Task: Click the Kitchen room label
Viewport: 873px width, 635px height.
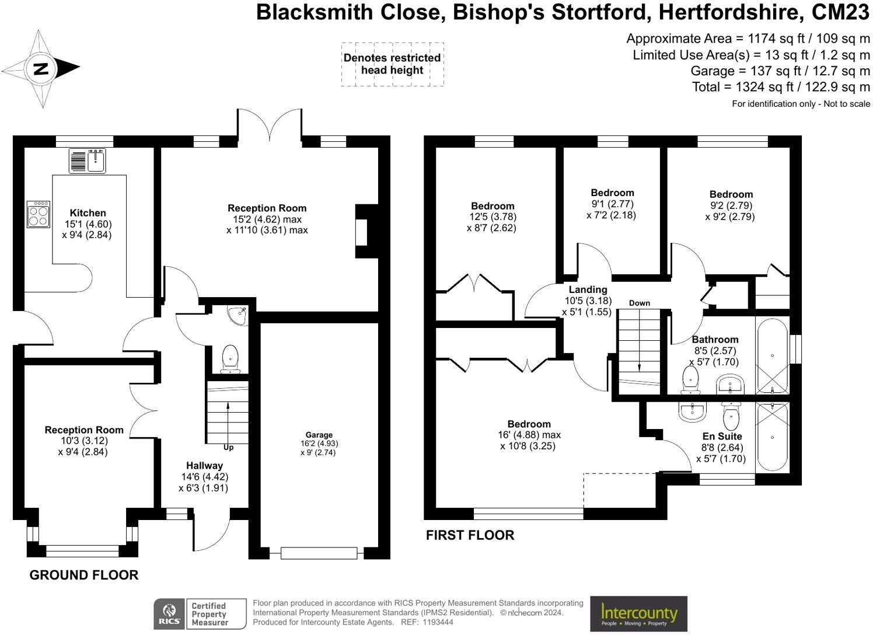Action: pos(88,213)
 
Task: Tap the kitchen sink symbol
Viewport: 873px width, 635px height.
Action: pos(88,161)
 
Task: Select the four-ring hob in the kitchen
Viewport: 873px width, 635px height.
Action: pos(39,214)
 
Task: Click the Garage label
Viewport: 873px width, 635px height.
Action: pos(319,435)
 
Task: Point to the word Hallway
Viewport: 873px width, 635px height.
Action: pos(204,466)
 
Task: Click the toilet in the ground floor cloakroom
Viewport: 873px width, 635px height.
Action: pos(231,358)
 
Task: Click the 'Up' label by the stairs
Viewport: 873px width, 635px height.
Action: pos(228,448)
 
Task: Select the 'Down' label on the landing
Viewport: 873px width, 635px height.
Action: pos(640,303)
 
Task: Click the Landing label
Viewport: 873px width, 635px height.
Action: pos(588,289)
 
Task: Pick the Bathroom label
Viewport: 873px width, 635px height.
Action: pos(715,340)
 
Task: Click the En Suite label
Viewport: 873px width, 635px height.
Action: pos(722,437)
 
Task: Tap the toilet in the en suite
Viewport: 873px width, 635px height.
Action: pos(730,415)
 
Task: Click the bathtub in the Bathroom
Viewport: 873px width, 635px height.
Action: pos(773,356)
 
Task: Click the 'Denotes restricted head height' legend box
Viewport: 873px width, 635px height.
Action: pos(392,64)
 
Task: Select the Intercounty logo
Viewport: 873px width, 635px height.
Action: pos(638,614)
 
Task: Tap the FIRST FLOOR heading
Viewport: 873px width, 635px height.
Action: pos(470,535)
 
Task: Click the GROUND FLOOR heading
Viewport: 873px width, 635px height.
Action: pos(84,575)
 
